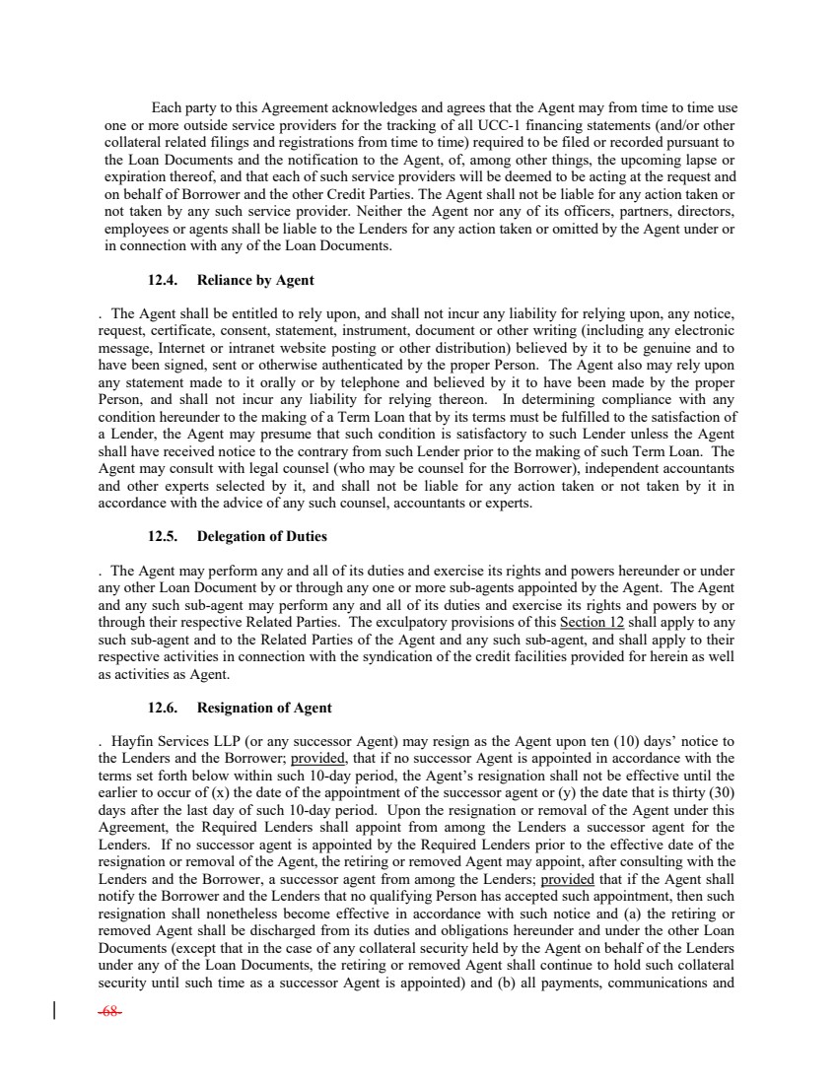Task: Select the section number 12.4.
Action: (164, 281)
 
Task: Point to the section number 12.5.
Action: (164, 537)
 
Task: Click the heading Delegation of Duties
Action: (262, 537)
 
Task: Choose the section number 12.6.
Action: (164, 708)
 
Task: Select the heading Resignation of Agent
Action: (264, 708)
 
